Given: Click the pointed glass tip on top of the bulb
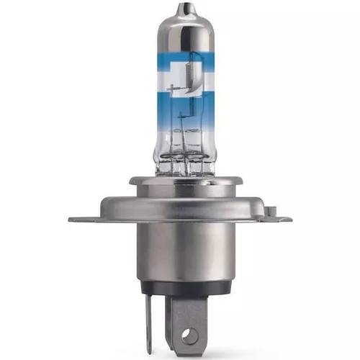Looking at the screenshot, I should click(x=181, y=9).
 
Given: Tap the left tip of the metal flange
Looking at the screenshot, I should click(x=72, y=218).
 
